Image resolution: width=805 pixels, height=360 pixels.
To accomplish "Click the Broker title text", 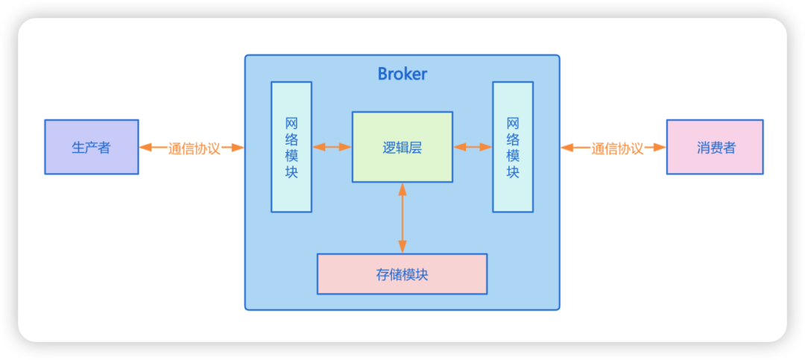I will point(402,74).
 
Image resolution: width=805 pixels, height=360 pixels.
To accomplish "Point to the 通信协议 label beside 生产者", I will point(194,148).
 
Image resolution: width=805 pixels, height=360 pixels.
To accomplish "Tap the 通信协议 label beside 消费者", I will point(617,148).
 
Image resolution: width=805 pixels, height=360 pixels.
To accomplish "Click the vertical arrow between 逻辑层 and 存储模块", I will point(402,218).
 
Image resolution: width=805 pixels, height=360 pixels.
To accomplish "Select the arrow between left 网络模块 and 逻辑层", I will point(332,147).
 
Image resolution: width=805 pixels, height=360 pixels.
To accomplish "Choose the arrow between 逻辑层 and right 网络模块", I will point(473,147).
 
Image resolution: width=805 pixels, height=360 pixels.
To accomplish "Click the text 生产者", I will point(92,148).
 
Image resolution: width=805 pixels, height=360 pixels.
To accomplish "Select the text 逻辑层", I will point(402,148).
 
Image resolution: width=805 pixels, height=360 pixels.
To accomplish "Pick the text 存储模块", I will point(402,274).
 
